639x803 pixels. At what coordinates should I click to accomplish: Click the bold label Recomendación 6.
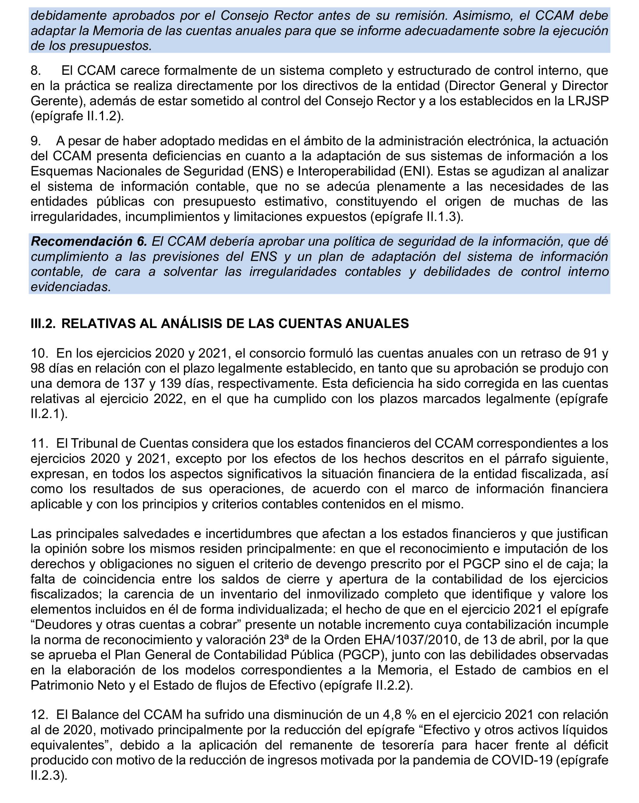(89, 241)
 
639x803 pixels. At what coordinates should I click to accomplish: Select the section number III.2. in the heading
(43, 323)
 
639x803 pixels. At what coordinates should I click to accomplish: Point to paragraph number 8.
(36, 70)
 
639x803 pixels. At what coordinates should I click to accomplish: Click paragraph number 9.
(36, 141)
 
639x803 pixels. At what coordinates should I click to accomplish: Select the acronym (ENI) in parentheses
(415, 171)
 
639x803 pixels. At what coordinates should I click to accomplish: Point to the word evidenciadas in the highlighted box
(71, 287)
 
